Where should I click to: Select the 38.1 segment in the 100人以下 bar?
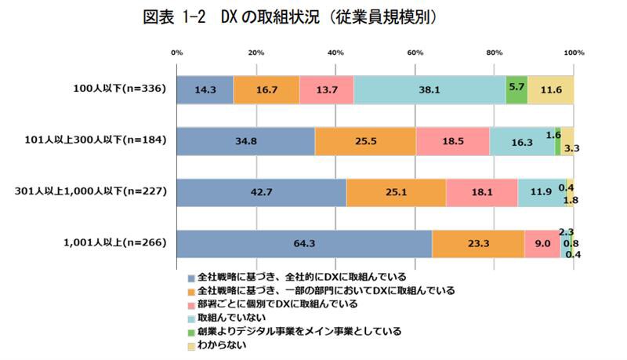429,89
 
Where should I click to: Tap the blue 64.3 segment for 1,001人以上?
304,243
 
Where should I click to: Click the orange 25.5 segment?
365,140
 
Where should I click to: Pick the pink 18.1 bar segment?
481,192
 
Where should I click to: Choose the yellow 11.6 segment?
551,89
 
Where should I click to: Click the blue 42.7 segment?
262,192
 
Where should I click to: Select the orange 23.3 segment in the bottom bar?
478,243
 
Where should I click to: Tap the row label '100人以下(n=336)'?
118,89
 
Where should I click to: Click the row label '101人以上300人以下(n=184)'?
95,141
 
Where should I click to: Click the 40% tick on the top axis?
335,53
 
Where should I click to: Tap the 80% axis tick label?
495,53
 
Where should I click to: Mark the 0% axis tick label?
177,53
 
